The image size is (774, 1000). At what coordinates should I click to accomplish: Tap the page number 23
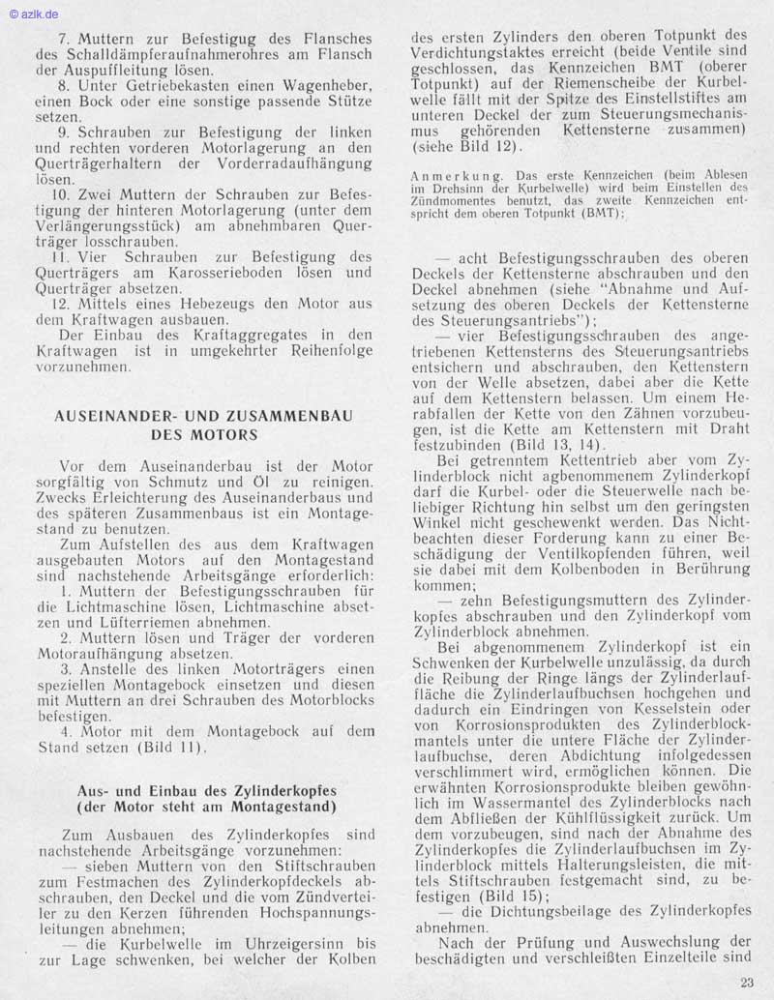(x=746, y=983)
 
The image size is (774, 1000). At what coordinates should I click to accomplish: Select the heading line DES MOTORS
(x=204, y=435)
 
